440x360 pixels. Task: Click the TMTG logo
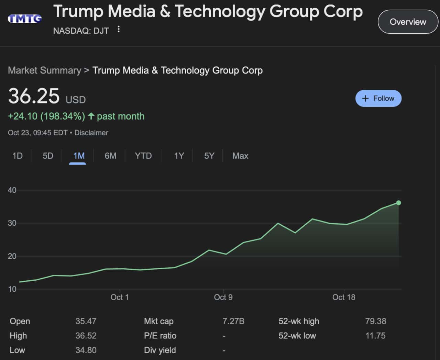tap(25, 19)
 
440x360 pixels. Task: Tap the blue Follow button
tap(378, 99)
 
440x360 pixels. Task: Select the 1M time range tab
tap(79, 156)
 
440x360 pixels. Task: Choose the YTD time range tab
tap(143, 156)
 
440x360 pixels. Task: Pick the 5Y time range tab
tap(209, 156)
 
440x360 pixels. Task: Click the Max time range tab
tap(240, 156)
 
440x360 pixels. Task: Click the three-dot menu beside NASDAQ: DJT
tap(119, 30)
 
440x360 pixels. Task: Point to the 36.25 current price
tap(34, 96)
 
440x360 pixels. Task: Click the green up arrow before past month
tap(91, 116)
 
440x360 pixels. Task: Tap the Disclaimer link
tap(91, 133)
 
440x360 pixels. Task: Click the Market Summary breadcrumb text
tap(44, 70)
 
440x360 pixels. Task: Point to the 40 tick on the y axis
tap(12, 190)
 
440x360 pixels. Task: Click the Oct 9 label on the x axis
tap(223, 297)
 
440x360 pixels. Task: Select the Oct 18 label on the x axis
tap(344, 297)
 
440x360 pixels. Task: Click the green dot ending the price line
tap(398, 203)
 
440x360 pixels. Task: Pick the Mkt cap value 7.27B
tap(233, 321)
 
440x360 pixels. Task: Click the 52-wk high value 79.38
tap(375, 321)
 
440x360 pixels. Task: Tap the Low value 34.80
tap(86, 350)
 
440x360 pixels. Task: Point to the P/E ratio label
tap(160, 336)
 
